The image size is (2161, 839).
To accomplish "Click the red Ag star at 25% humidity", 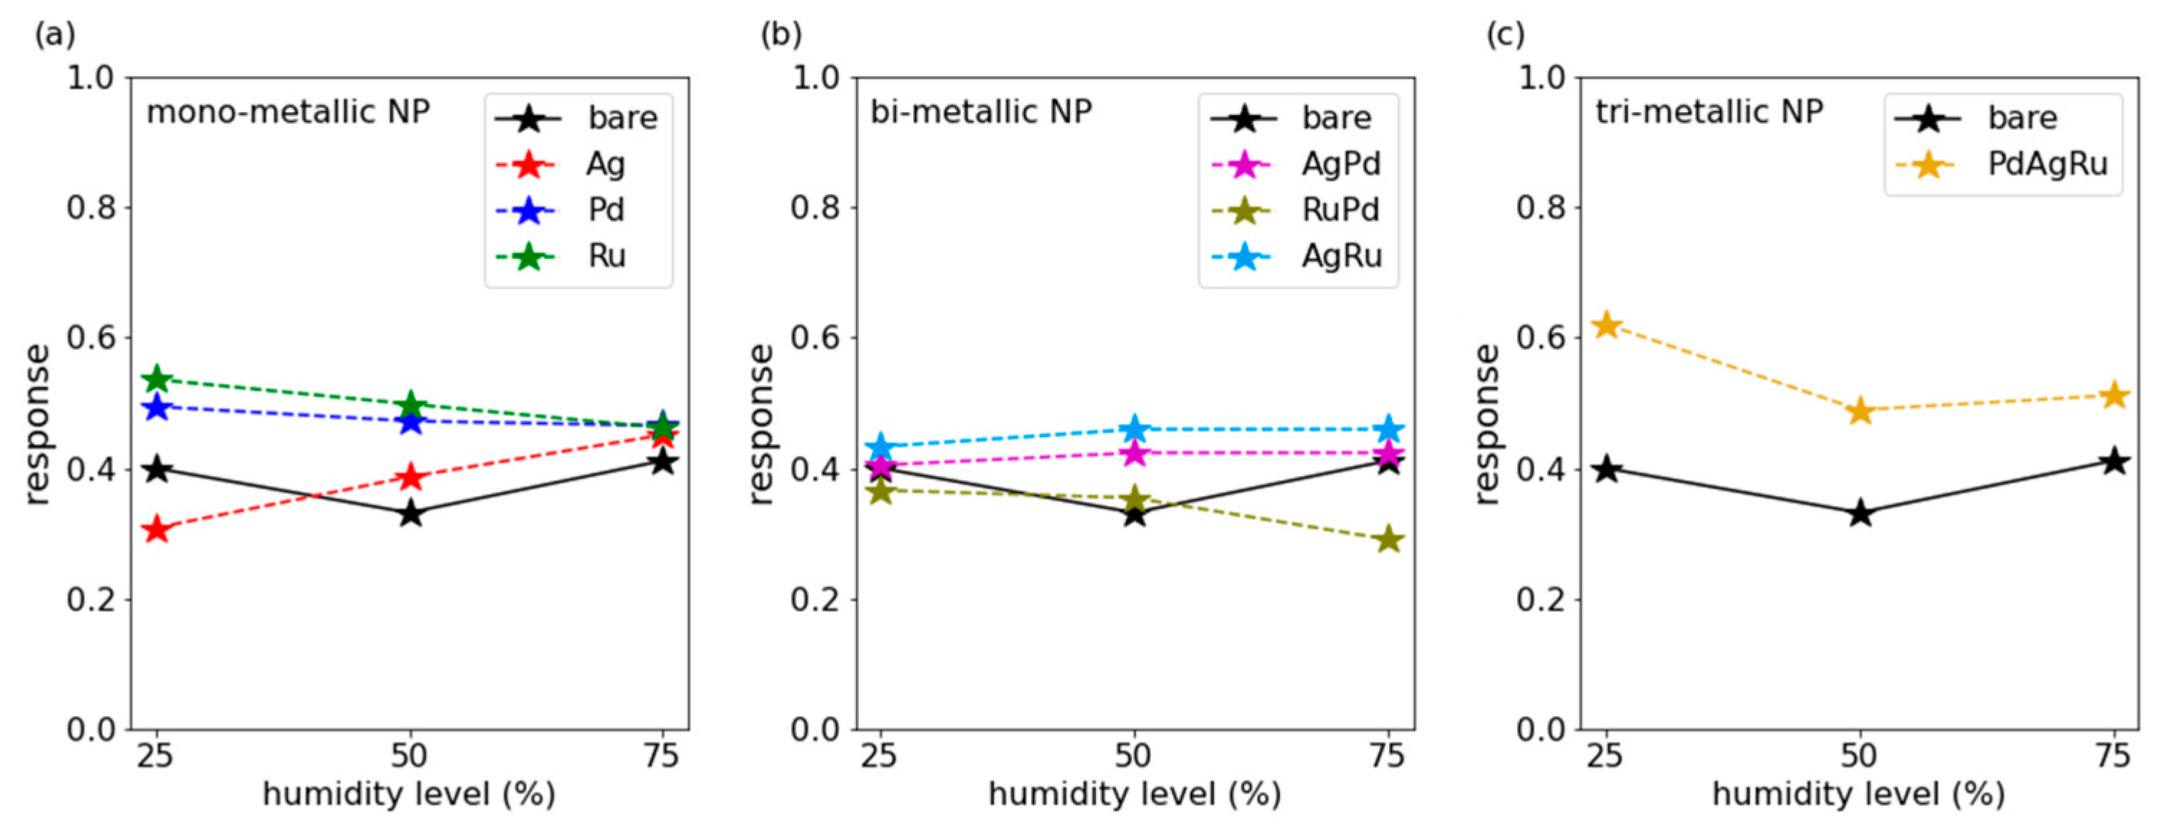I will [x=157, y=531].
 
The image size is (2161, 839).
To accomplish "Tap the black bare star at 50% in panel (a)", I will [x=410, y=513].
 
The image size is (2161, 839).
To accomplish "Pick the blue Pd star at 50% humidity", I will [x=410, y=421].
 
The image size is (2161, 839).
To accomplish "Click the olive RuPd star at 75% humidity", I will [x=1389, y=539].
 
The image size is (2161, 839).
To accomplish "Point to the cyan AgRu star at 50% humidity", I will [x=1134, y=428].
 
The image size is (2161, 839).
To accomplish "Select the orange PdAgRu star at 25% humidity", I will [x=1606, y=325].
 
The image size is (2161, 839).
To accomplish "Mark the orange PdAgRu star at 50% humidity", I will [x=1861, y=411].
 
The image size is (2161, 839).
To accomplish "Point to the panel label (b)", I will [x=781, y=35].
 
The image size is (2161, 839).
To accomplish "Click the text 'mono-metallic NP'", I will [x=287, y=111].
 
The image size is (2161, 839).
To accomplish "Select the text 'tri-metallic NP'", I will [x=1709, y=111].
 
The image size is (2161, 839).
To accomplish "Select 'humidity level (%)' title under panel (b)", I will [x=1134, y=794].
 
